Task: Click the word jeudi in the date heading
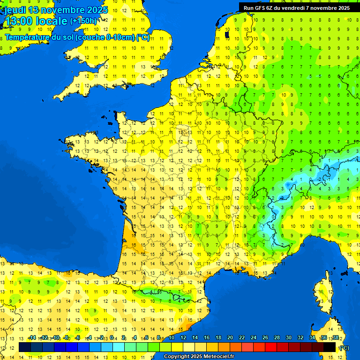(15, 10)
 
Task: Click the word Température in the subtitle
(27, 37)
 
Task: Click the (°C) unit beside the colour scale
(344, 347)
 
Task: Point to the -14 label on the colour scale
(32, 338)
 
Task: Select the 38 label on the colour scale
(335, 338)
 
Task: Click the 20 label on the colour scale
(230, 338)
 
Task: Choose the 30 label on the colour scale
(288, 338)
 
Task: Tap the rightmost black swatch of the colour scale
(330, 347)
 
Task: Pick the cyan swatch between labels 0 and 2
(119, 347)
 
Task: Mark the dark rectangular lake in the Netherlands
(227, 34)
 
